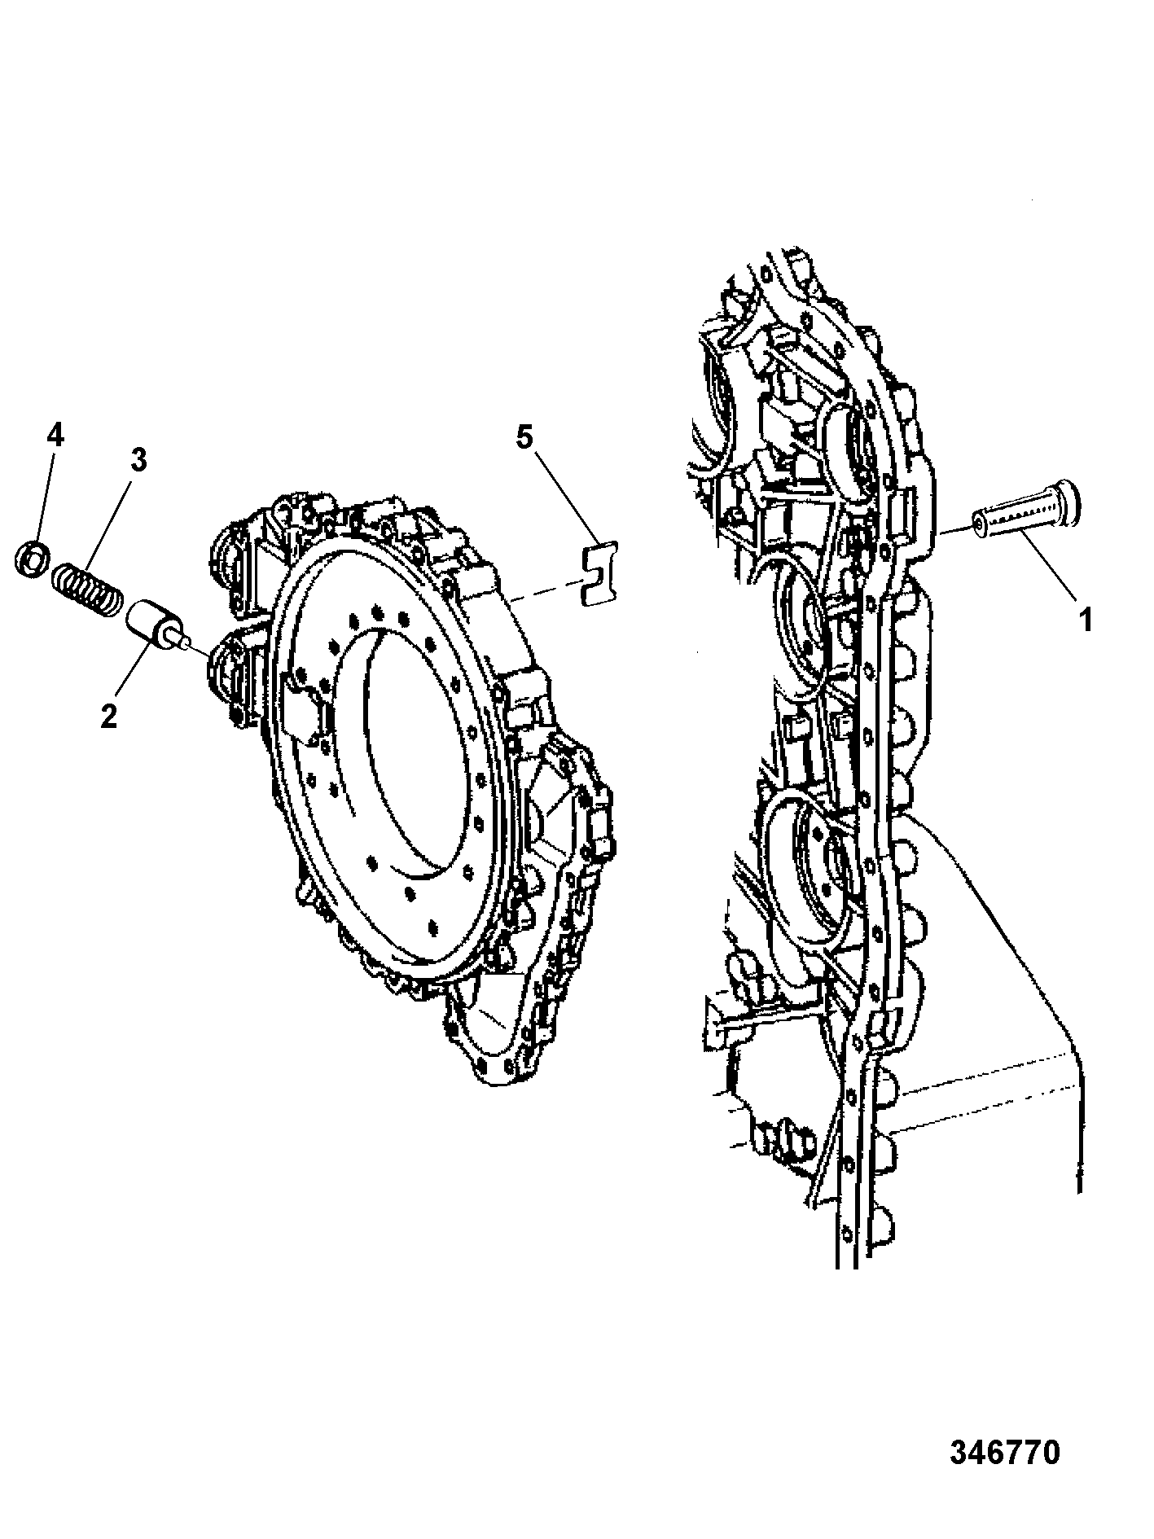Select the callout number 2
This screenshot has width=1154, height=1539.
(108, 716)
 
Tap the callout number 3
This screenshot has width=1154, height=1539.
(138, 459)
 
